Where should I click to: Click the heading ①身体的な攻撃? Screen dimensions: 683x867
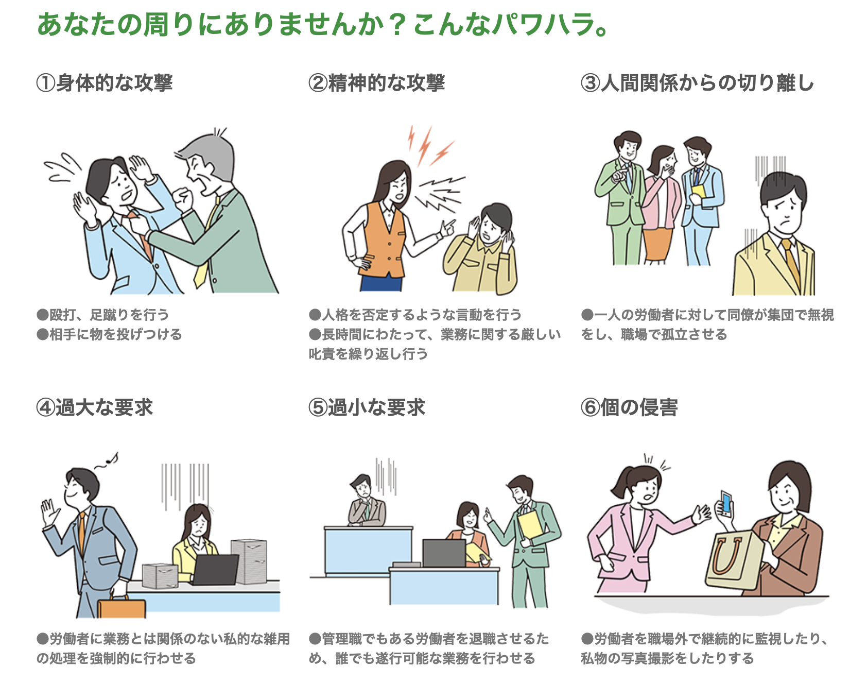(x=105, y=83)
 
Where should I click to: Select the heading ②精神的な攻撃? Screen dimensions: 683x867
(x=376, y=83)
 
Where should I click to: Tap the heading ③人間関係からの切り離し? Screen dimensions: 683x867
(x=697, y=83)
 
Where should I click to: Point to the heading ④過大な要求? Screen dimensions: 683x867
(x=95, y=407)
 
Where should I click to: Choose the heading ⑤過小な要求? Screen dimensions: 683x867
(x=367, y=407)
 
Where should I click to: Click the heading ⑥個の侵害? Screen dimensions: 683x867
(x=629, y=407)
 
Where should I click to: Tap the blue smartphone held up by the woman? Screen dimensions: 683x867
(x=726, y=503)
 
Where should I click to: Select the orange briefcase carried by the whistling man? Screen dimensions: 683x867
(x=122, y=608)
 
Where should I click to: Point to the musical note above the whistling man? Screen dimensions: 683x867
(x=112, y=458)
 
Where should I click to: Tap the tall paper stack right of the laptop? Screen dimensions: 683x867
(x=249, y=561)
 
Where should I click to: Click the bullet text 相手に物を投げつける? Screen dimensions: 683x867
(x=110, y=334)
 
